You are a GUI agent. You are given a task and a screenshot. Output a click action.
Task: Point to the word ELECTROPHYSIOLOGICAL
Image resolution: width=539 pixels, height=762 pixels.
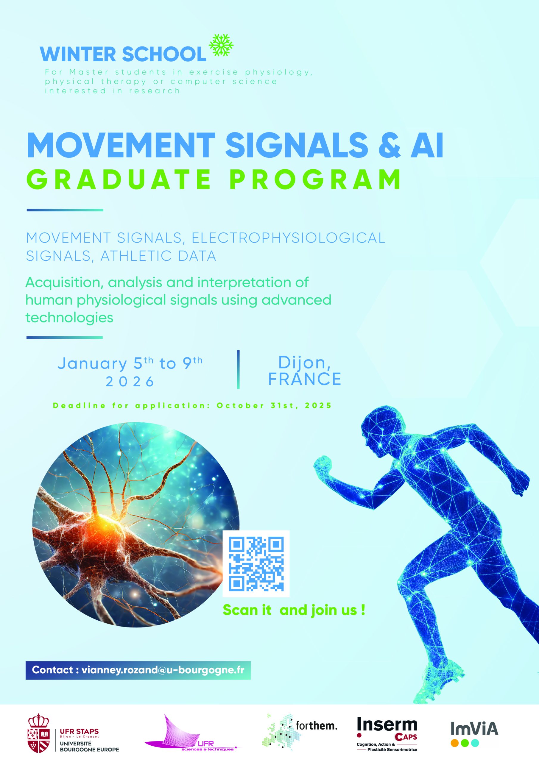tap(288, 238)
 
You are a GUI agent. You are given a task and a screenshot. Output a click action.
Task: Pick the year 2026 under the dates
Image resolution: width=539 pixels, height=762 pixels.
tap(130, 382)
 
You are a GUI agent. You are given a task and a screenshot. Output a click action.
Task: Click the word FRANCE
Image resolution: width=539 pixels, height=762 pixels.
tap(305, 379)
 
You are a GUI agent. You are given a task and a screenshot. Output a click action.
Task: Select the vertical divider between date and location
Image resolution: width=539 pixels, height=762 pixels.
tap(239, 369)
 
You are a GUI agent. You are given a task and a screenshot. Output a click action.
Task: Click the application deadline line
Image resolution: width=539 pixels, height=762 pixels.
tap(192, 406)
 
